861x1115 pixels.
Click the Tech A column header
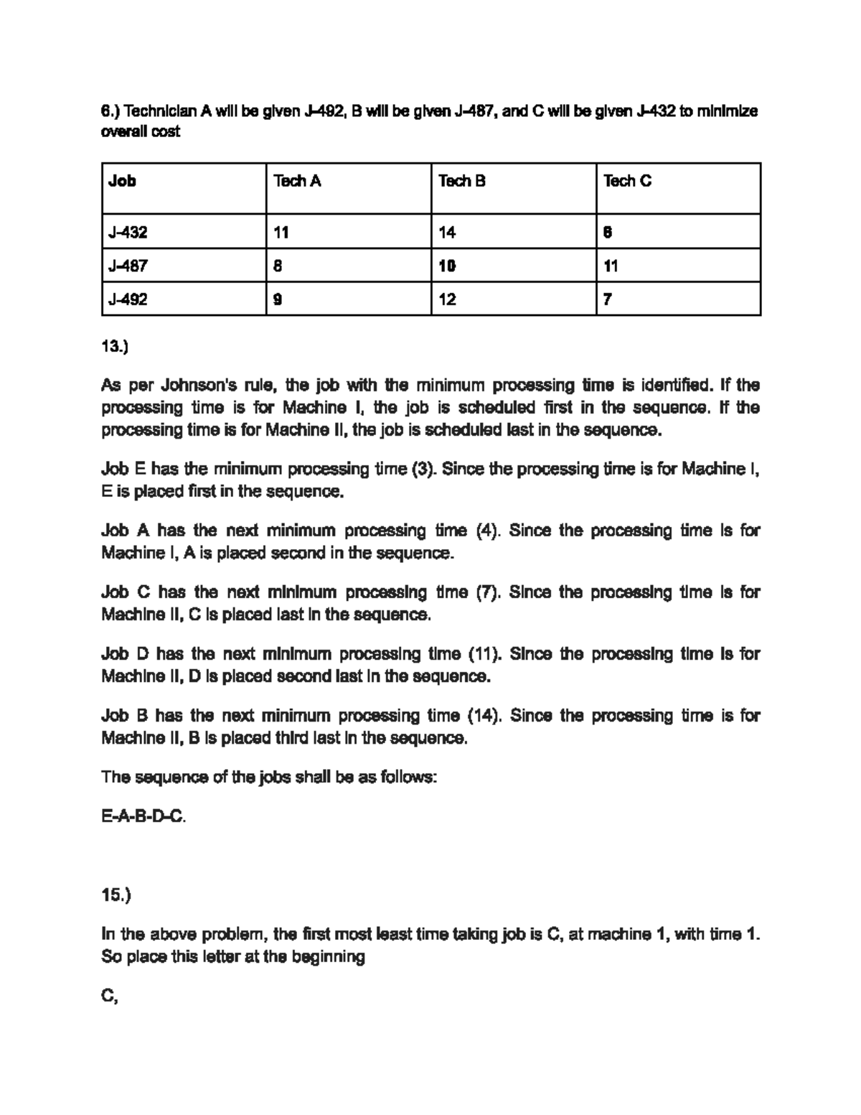(297, 181)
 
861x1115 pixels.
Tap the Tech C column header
(627, 181)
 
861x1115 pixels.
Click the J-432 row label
(128, 232)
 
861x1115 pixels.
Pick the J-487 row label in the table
(128, 266)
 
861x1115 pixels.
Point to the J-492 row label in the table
(128, 299)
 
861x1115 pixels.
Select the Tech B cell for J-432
(447, 232)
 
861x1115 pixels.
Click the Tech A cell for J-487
(278, 266)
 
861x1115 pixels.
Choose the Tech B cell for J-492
(447, 299)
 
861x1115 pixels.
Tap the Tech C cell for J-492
(608, 299)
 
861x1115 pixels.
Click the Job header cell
(122, 181)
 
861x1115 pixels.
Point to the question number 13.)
(115, 347)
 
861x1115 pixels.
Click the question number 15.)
(116, 895)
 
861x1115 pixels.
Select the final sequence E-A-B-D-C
(143, 816)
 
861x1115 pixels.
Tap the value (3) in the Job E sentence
(420, 470)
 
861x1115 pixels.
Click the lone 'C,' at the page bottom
(110, 996)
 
